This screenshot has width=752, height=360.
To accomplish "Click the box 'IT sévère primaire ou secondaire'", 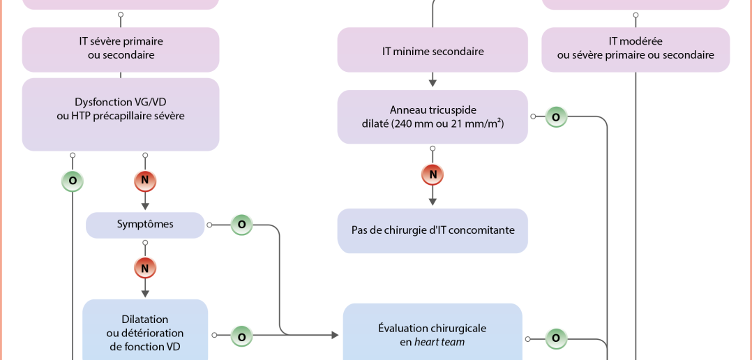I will (x=121, y=48).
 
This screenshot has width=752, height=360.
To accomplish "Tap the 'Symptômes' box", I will (x=145, y=225).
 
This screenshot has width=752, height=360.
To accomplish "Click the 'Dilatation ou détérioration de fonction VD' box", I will (x=145, y=332).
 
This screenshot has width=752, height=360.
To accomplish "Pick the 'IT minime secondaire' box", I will (x=433, y=50).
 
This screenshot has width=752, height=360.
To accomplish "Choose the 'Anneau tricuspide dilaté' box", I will (x=433, y=117).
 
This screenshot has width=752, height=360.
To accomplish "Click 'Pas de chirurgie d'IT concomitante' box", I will (x=433, y=230).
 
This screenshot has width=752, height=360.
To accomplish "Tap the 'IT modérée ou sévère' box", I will (x=636, y=48).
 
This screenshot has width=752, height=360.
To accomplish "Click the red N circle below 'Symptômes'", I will (x=145, y=267).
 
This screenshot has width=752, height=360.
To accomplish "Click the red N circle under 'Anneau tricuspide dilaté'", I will (x=433, y=174).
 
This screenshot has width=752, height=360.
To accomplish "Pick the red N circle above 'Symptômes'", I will (x=145, y=181).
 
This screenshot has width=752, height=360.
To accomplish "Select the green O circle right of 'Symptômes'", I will (x=241, y=225).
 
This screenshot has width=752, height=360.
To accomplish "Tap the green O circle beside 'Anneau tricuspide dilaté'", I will (x=556, y=117).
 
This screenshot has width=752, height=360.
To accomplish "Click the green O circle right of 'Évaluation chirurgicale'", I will (x=556, y=338).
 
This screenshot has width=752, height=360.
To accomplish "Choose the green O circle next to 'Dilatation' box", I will (x=241, y=336).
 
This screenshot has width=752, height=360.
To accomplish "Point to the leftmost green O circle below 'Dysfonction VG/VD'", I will (x=73, y=181).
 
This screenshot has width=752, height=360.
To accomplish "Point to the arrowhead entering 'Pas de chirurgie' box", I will (x=433, y=202).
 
